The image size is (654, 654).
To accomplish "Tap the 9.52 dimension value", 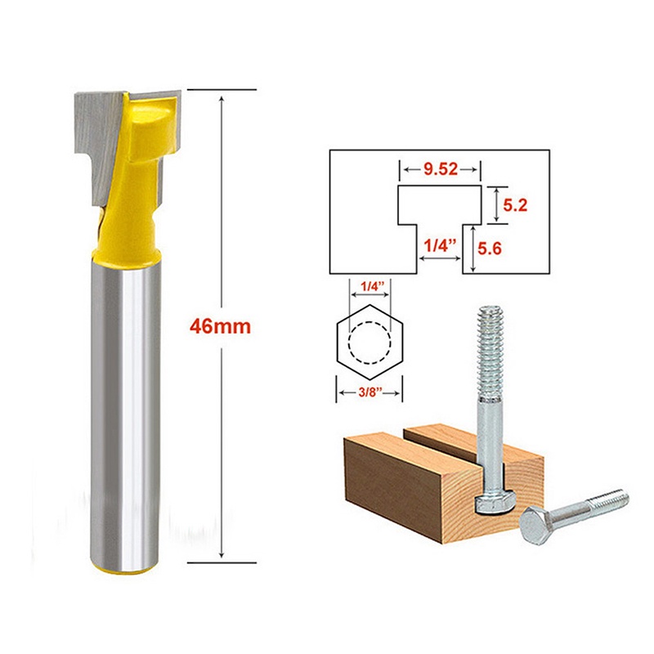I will [x=439, y=171].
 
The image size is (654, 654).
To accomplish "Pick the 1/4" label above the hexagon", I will [x=369, y=288].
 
